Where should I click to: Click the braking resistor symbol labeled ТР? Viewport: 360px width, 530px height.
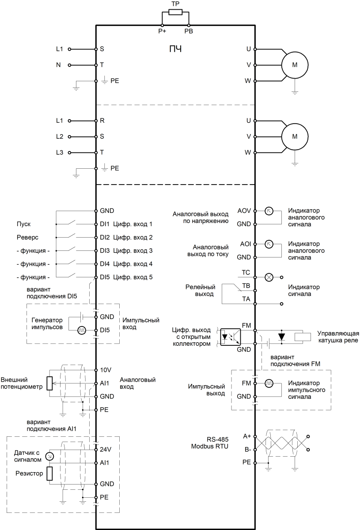point(175,12)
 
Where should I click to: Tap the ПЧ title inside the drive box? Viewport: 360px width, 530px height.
point(175,49)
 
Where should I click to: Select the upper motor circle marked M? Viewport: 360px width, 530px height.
point(295,65)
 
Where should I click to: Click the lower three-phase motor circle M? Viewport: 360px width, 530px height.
point(295,136)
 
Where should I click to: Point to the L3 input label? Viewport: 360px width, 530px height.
point(60,152)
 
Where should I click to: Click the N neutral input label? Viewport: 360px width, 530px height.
point(58,65)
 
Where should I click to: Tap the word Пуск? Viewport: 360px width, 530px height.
point(24,224)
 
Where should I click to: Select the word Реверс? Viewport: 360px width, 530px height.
point(27,237)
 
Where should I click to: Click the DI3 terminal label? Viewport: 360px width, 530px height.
point(105,250)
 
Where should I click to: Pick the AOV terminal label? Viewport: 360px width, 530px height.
point(244,211)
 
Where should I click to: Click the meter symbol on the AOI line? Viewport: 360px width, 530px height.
point(269,244)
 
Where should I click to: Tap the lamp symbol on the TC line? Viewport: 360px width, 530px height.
point(269,277)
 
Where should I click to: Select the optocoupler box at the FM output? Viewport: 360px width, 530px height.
point(231,337)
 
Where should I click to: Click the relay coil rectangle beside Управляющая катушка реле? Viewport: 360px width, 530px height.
point(303,337)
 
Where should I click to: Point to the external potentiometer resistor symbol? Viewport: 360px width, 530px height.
point(49,383)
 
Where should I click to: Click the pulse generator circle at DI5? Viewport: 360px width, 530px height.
point(82,330)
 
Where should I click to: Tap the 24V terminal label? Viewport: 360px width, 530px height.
point(106,450)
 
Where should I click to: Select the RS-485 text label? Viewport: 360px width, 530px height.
point(217,439)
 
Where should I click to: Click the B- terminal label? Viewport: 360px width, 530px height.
point(247,450)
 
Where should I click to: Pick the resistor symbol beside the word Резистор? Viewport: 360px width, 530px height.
point(49,473)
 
